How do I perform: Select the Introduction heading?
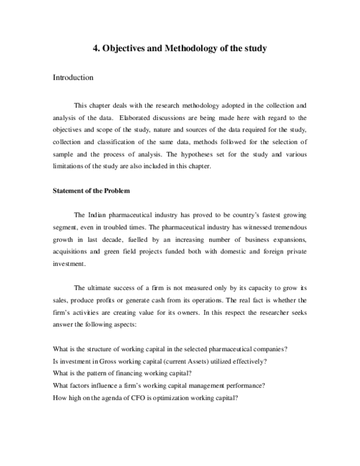(73, 78)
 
